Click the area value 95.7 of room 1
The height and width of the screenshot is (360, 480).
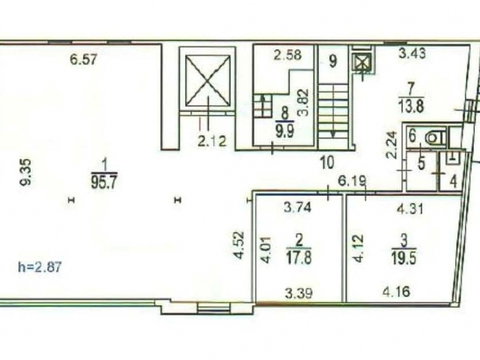tap(104, 183)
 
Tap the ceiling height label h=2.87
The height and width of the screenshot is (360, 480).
tap(40, 267)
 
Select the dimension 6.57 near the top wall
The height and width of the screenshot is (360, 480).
tap(83, 60)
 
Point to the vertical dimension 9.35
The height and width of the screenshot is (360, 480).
tap(26, 171)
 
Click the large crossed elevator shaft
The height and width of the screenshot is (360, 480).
tap(208, 80)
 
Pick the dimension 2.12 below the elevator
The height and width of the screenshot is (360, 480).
tap(212, 141)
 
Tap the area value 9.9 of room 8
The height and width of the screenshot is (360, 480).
tap(284, 131)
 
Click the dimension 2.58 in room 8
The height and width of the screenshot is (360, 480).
tap(288, 55)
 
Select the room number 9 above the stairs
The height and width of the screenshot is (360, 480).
tap(333, 61)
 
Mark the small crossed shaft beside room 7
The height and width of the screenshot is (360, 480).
tap(360, 64)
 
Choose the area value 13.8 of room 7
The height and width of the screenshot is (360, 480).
tap(410, 107)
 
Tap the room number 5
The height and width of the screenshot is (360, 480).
tap(421, 164)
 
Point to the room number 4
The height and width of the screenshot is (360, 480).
tap(453, 181)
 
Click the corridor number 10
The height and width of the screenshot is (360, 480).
tap(327, 163)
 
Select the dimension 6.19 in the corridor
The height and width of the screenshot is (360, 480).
tap(352, 181)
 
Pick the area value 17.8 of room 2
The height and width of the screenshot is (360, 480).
tap(299, 258)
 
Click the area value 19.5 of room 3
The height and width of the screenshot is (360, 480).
tap(404, 258)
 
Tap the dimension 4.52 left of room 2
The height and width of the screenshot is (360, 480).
tap(239, 245)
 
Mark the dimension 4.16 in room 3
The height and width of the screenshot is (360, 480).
tap(397, 292)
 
